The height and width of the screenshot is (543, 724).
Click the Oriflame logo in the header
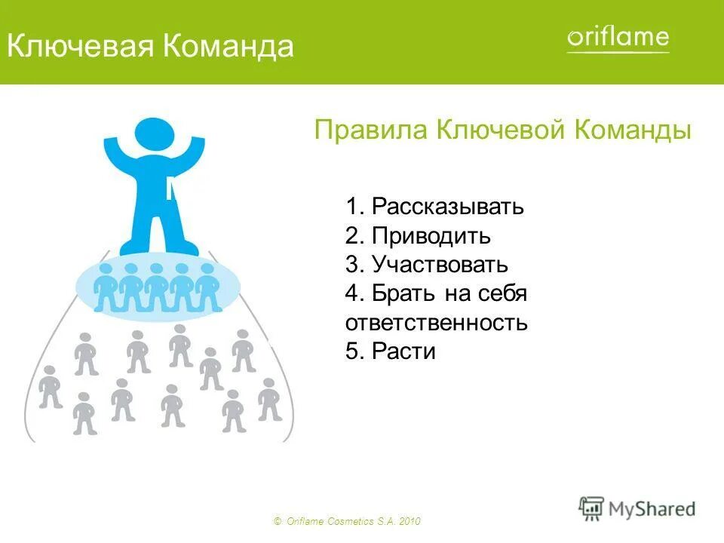[x=618, y=38]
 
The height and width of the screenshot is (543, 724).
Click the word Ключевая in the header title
[x=80, y=47]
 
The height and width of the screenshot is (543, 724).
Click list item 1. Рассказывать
[x=434, y=207]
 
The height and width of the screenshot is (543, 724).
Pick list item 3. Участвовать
[x=427, y=265]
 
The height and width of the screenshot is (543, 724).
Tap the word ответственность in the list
[x=436, y=323]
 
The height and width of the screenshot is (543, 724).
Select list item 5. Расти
[x=391, y=351]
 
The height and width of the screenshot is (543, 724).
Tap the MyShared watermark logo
[x=637, y=508]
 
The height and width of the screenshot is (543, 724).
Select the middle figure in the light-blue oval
[x=156, y=287]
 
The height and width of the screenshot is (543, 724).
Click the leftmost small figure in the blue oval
[x=106, y=287]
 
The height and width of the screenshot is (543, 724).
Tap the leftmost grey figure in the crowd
[x=51, y=386]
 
